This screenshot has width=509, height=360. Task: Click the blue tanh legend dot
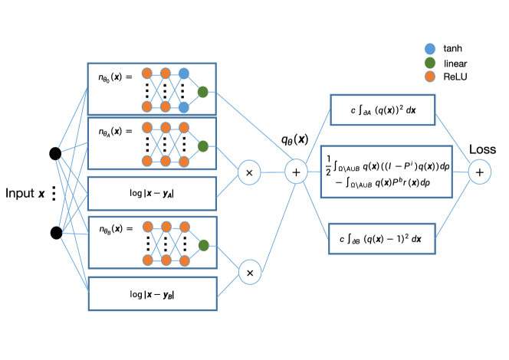430,49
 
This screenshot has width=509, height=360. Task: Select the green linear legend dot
430,63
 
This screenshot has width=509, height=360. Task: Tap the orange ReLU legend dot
430,77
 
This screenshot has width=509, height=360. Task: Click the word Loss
482,149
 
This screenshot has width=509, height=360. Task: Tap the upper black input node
55,153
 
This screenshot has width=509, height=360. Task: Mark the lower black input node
56,233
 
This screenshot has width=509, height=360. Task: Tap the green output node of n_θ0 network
203,92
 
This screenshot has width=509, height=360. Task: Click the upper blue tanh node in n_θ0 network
184,74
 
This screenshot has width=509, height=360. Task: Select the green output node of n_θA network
203,146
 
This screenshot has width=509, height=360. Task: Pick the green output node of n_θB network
204,245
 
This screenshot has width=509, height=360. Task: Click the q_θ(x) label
295,139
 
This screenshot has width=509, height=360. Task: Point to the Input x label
25,193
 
